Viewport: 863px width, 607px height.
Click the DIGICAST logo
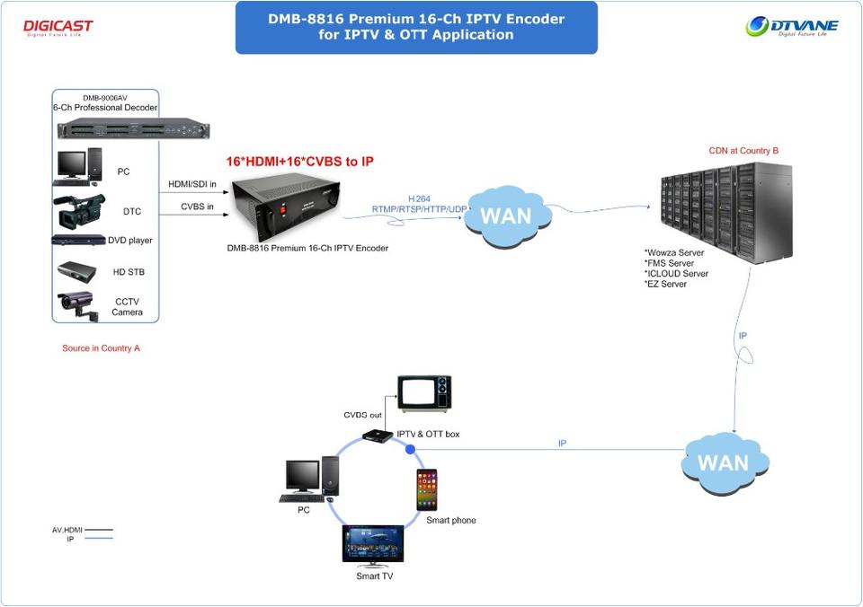[58, 27]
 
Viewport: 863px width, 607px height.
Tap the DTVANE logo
[791, 26]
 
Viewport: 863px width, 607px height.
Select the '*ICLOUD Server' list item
[676, 273]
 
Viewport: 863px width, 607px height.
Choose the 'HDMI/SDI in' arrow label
[192, 185]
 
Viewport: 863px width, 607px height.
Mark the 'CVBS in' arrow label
[192, 208]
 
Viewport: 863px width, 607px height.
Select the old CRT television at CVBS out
[424, 393]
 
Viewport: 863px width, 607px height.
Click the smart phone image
[427, 490]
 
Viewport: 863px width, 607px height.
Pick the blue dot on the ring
[410, 448]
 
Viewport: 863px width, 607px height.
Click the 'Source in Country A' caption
[101, 348]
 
